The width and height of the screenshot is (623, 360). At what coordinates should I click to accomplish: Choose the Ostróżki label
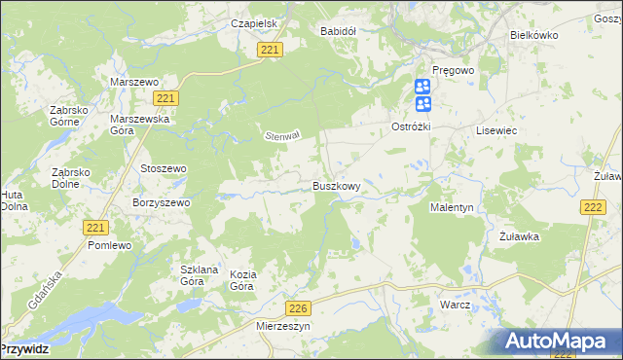pos(412,127)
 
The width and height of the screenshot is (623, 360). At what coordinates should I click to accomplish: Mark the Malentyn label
pos(451,208)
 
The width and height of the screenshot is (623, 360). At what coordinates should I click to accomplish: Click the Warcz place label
pos(455,305)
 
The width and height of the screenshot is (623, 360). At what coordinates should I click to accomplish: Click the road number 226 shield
pos(299,308)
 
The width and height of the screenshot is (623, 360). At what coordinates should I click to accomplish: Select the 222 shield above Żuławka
pos(593,207)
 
